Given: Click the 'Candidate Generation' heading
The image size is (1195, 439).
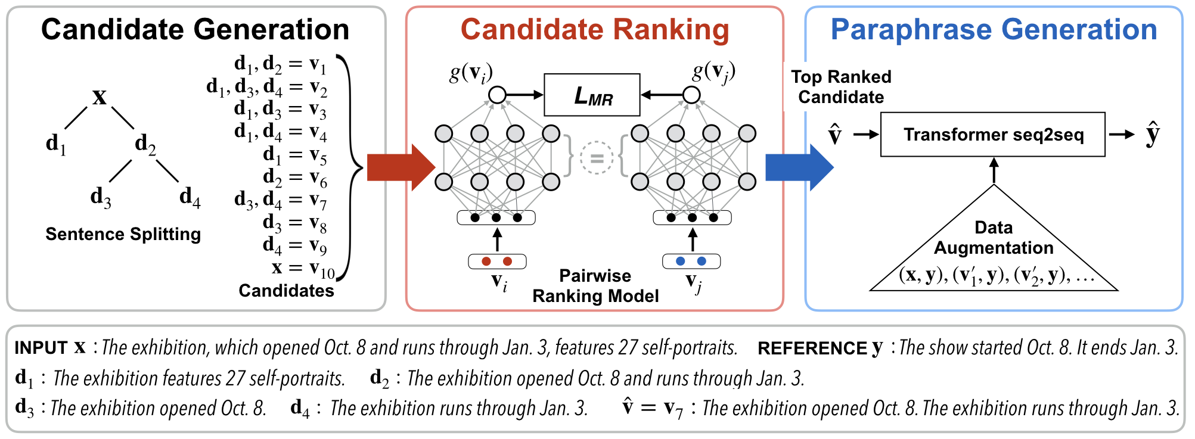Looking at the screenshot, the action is click(195, 30).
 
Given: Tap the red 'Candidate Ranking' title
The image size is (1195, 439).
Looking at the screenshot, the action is click(595, 30).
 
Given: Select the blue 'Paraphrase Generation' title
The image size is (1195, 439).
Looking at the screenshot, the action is click(994, 30).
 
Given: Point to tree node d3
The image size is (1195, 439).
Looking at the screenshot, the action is click(101, 197).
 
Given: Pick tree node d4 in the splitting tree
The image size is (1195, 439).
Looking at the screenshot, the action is click(190, 197).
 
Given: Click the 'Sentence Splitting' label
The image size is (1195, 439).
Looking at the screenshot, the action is click(123, 234).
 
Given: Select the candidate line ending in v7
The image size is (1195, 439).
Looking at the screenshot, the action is click(280, 200).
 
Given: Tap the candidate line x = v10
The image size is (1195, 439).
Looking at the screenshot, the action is click(303, 269).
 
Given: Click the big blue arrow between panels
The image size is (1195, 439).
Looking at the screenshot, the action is click(799, 167).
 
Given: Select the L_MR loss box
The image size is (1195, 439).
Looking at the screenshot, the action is click(592, 95).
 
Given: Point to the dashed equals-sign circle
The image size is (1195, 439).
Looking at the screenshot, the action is click(597, 158).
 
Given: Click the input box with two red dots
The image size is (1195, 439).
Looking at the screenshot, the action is click(497, 261).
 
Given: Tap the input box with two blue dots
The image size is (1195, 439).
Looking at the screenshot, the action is click(691, 261).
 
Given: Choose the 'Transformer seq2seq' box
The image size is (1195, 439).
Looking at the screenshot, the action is click(993, 135).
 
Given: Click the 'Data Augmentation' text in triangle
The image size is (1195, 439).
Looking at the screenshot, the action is click(994, 238).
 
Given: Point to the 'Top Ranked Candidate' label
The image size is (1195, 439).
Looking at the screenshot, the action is click(841, 87).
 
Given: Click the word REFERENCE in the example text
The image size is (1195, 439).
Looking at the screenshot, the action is click(812, 348).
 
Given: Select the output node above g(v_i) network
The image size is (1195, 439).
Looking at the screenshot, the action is click(497, 95).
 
